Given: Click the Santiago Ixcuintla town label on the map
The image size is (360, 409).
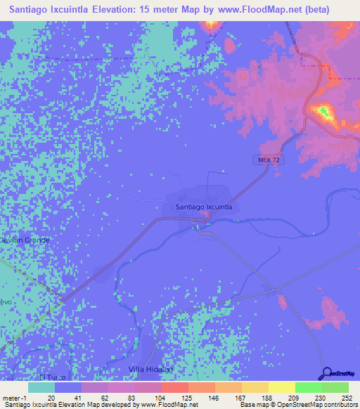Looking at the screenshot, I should tap(202, 207).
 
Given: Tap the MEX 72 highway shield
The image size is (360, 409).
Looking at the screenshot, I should tap(264, 160).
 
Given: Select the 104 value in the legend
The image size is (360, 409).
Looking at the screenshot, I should tap(148, 397).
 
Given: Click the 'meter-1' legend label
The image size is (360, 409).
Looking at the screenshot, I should tap(15, 397).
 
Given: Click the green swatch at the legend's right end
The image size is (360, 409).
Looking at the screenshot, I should tap(335, 387).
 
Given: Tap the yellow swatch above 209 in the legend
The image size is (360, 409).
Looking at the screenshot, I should tap(281, 387).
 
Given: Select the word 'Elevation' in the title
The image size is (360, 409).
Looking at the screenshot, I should tap(140, 10).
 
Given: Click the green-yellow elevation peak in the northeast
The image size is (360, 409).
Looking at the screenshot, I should tap(323, 110).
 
